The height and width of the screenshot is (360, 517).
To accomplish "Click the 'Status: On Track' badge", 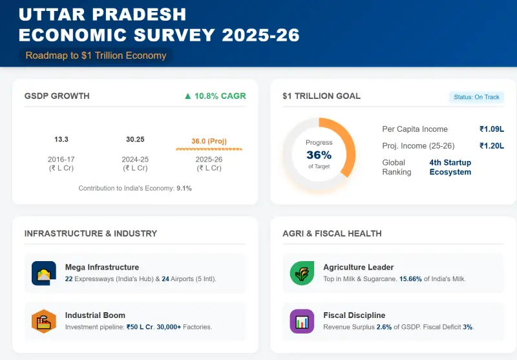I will point(476,97).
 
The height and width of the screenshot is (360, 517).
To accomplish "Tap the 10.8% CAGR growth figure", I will point(215,96).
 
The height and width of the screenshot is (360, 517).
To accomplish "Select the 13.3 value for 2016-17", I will point(61,140).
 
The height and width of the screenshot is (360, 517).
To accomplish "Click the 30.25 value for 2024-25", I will point(135,140).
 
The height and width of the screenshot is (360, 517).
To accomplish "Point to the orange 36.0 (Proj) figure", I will point(209,142).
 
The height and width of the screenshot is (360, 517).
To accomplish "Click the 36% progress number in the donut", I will point(319,155).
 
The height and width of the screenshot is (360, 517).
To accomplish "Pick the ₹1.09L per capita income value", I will point(491,129).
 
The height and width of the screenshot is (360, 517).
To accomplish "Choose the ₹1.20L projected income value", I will point(491,146).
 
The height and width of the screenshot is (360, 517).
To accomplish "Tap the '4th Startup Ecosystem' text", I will point(450,167).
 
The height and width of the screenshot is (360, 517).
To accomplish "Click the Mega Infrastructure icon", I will point(44,273).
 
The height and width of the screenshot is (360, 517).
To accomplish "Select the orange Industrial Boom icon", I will point(44,321).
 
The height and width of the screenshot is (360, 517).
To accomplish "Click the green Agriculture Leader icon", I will point(302,273).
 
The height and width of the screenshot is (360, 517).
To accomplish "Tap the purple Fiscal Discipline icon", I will point(302,321).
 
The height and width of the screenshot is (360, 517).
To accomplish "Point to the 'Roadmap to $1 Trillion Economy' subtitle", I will point(96,56).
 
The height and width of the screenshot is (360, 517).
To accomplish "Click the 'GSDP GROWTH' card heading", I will point(57,96).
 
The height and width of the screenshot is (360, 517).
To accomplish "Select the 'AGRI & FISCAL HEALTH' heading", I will point(332,233).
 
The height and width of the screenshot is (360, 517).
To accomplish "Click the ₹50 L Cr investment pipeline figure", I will point(140,327).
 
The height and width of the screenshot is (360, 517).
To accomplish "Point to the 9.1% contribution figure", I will point(184,189).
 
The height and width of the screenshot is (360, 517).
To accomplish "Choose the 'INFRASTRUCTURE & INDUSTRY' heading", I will point(90,233).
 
